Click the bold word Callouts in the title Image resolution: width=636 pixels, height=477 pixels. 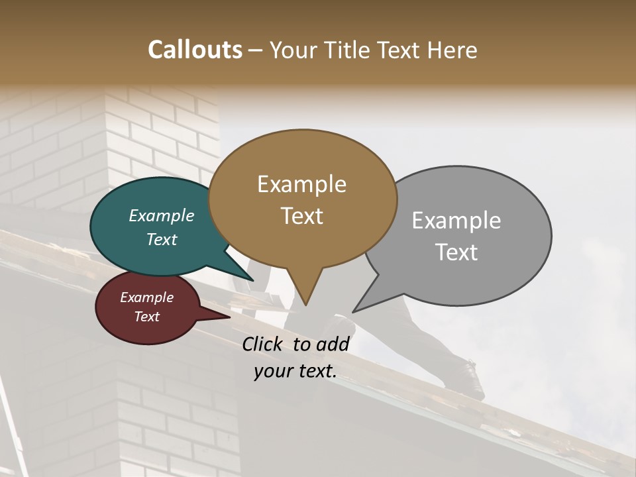coord(195,50)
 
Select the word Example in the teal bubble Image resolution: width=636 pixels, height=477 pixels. coord(162,216)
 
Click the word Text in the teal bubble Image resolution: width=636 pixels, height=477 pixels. coord(162,239)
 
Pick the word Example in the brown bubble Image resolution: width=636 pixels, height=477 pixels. coord(301,184)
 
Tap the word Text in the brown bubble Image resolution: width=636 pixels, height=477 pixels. coord(301,216)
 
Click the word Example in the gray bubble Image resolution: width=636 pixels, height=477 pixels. coord(456,221)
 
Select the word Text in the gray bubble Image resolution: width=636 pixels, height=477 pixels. coord(456,252)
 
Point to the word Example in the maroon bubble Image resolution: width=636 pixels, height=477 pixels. coord(147,297)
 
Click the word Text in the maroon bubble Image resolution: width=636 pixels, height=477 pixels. coord(147,317)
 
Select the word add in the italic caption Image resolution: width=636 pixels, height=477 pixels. coord(333,344)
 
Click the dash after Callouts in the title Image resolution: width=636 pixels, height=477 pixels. coord(256,50)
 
